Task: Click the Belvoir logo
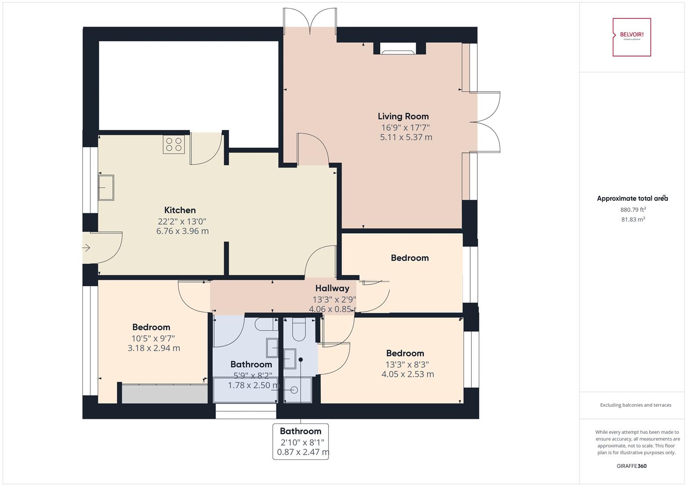point(632,37)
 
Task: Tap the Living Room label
point(403,116)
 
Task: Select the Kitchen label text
point(180,210)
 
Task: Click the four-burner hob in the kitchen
point(174,144)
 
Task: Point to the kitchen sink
point(106,188)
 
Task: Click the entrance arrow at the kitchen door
point(86,247)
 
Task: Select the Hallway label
point(332,288)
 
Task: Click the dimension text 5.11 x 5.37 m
point(406,137)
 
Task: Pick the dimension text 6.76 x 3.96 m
point(182,231)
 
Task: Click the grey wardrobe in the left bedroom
point(164,394)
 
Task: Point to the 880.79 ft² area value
point(633,210)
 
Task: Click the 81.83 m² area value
point(633,220)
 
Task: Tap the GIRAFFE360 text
point(631,466)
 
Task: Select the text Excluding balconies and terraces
point(635,405)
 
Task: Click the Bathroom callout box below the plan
point(301,441)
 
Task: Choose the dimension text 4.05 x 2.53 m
point(408,374)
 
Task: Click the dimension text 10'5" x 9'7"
point(153,338)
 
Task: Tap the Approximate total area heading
point(632,198)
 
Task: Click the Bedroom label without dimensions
point(409,258)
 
